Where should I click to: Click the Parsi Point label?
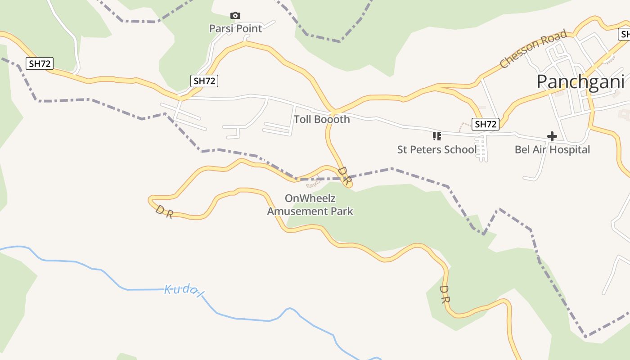(x=235, y=28)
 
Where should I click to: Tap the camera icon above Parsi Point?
(x=235, y=16)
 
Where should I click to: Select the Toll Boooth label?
(x=322, y=119)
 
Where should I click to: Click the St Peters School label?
(x=436, y=149)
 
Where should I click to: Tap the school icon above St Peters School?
(x=436, y=136)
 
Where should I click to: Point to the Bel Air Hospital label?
(x=552, y=149)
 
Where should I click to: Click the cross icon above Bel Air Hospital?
(x=552, y=136)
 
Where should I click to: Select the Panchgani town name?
(x=580, y=82)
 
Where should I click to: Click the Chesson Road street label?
(x=533, y=49)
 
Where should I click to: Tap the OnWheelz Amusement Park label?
(x=310, y=205)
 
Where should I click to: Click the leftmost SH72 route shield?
(x=40, y=63)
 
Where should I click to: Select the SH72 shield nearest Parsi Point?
(x=204, y=81)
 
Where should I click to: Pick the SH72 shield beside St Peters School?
(x=486, y=124)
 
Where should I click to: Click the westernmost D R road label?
(x=164, y=212)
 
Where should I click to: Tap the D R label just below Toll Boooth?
(x=344, y=176)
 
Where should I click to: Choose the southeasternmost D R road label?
(x=445, y=294)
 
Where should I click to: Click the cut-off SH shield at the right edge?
(x=625, y=34)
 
